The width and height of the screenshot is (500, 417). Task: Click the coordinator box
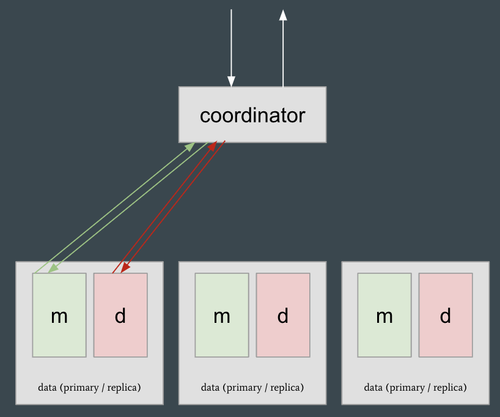click(252, 115)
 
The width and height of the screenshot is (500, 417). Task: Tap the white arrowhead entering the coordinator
click(231, 82)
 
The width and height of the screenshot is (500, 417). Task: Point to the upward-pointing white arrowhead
click(283, 15)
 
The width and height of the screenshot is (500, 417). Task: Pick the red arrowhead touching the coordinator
click(213, 146)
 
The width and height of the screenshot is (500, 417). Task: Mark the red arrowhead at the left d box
click(125, 268)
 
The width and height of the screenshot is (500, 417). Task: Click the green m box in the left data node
click(59, 315)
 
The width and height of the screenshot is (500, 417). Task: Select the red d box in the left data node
click(120, 315)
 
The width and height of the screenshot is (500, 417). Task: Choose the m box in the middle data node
click(222, 315)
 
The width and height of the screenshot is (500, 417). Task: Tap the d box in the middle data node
click(283, 315)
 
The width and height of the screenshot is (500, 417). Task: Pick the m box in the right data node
click(384, 315)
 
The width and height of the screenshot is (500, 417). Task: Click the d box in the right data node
click(446, 315)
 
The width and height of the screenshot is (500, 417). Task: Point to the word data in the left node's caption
click(47, 388)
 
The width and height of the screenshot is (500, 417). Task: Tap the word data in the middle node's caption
click(210, 388)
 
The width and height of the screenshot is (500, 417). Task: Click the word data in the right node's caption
click(373, 388)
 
